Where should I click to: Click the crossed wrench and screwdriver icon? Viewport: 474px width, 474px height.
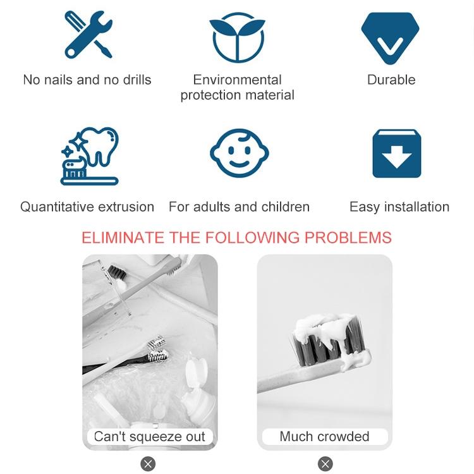[88, 35]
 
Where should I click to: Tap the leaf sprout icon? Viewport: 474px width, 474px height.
[238, 37]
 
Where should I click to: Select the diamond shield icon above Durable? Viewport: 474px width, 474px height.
[390, 39]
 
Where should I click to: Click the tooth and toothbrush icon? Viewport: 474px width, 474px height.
[90, 156]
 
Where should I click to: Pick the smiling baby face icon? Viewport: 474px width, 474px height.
[240, 153]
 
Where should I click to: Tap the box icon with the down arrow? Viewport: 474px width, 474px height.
[397, 154]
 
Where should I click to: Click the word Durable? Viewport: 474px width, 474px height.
[391, 80]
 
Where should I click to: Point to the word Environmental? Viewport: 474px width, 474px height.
[237, 80]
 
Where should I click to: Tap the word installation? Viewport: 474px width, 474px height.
[416, 207]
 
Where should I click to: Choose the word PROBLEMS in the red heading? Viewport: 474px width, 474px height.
[348, 238]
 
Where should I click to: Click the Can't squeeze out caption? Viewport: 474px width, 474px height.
[150, 437]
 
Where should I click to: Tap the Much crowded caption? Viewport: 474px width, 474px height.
[324, 437]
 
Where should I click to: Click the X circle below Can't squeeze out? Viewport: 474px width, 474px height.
[148, 464]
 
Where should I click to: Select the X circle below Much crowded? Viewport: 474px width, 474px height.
[325, 464]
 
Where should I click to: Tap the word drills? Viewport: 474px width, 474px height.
[137, 80]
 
